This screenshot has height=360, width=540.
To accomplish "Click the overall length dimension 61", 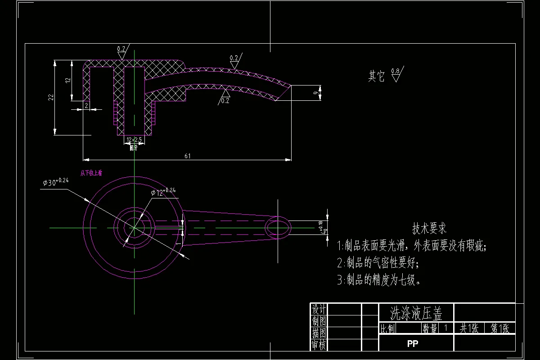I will pyautogui.click(x=187, y=156).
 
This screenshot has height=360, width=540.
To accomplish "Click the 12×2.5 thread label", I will pyautogui.click(x=134, y=140).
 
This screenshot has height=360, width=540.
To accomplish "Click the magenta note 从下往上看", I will pyautogui.click(x=91, y=172).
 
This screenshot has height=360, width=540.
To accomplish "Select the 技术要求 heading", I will pyautogui.click(x=429, y=229).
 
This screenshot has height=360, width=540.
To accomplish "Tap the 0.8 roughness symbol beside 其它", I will pyautogui.click(x=396, y=73).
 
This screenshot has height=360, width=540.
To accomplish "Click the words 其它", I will pyautogui.click(x=377, y=76).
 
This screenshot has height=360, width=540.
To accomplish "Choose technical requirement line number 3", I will pyautogui.click(x=379, y=280).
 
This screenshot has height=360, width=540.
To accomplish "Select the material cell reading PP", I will pyautogui.click(x=413, y=344).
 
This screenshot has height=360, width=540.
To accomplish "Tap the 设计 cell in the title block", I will pyautogui.click(x=319, y=309).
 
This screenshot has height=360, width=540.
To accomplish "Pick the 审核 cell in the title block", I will pyautogui.click(x=319, y=345).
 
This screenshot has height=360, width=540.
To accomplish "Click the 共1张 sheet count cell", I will pyautogui.click(x=469, y=328).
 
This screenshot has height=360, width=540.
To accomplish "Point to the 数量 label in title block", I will pyautogui.click(x=430, y=328).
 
